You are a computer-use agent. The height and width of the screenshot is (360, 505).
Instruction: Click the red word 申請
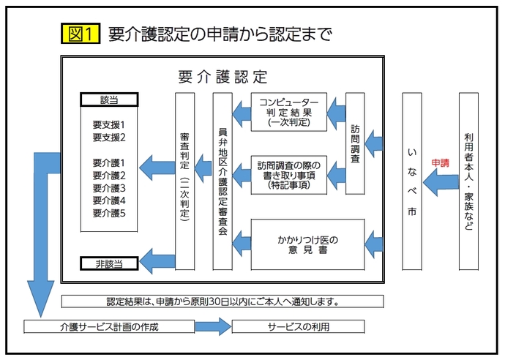pyautogui.click(x=440, y=162)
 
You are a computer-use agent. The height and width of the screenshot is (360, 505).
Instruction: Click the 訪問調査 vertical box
pyautogui.click(x=355, y=143)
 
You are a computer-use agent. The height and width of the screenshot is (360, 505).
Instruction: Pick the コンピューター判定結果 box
pyautogui.click(x=288, y=112)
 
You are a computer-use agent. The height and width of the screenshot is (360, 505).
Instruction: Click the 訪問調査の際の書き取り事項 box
pyautogui.click(x=288, y=175)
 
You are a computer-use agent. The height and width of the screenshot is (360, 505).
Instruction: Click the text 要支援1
pyautogui.click(x=110, y=124)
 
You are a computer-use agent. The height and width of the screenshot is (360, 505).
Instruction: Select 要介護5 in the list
pyautogui.click(x=110, y=213)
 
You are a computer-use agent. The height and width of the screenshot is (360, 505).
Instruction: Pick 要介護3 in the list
pyautogui.click(x=110, y=188)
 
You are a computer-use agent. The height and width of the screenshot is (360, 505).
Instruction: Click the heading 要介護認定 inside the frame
pyautogui.click(x=222, y=76)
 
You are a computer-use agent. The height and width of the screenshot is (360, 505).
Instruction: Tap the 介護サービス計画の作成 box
pyautogui.click(x=110, y=326)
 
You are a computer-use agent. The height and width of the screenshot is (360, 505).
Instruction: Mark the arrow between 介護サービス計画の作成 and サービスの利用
pyautogui.click(x=213, y=326)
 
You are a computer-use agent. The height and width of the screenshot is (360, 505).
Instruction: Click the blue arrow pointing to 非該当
pyautogui.click(x=157, y=258)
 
